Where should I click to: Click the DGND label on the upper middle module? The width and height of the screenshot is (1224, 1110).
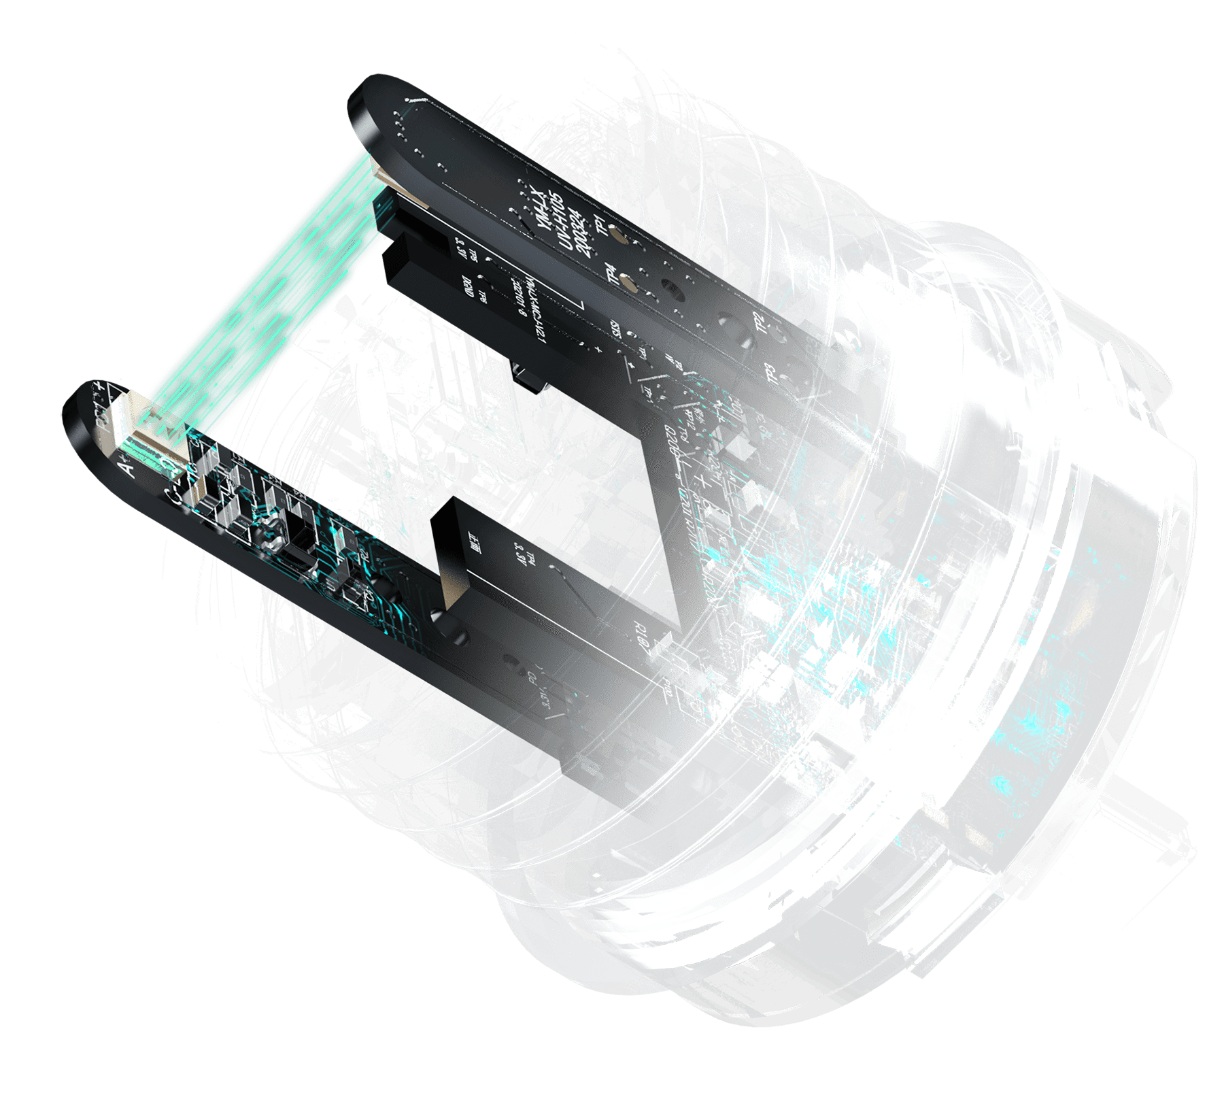[469, 286]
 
